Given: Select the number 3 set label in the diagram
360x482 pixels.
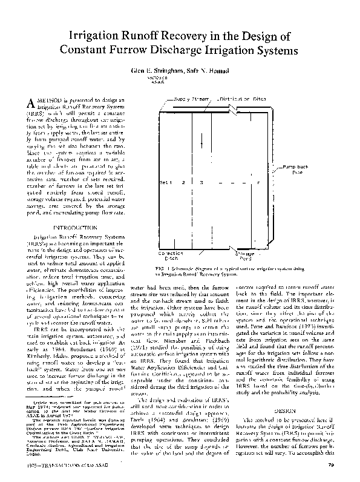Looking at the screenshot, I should pyautogui.click(x=201, y=182).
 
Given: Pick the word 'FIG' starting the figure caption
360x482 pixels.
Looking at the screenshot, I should pyautogui.click(x=160, y=267).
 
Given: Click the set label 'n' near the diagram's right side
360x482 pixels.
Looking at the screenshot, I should pyautogui.click(x=258, y=182).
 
